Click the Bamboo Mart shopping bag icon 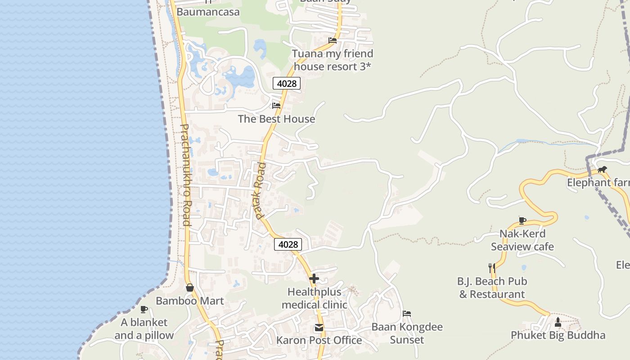tap(189, 288)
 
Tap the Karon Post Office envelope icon tap(319, 328)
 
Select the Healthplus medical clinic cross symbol tap(314, 279)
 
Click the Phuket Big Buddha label tap(558, 335)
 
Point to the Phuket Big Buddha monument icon tap(558, 322)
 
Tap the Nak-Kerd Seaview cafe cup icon tap(522, 220)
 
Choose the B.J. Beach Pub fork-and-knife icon tap(492, 268)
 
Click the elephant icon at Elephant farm tap(602, 170)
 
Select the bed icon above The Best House tap(276, 106)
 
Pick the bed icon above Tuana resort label tap(333, 40)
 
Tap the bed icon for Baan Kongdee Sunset tap(407, 314)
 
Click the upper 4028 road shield tap(287, 83)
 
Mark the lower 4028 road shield tap(288, 244)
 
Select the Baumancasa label tap(208, 12)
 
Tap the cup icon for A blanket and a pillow tap(144, 309)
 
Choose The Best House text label tap(276, 119)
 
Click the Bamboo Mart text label tap(189, 301)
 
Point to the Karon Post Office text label tap(319, 340)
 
